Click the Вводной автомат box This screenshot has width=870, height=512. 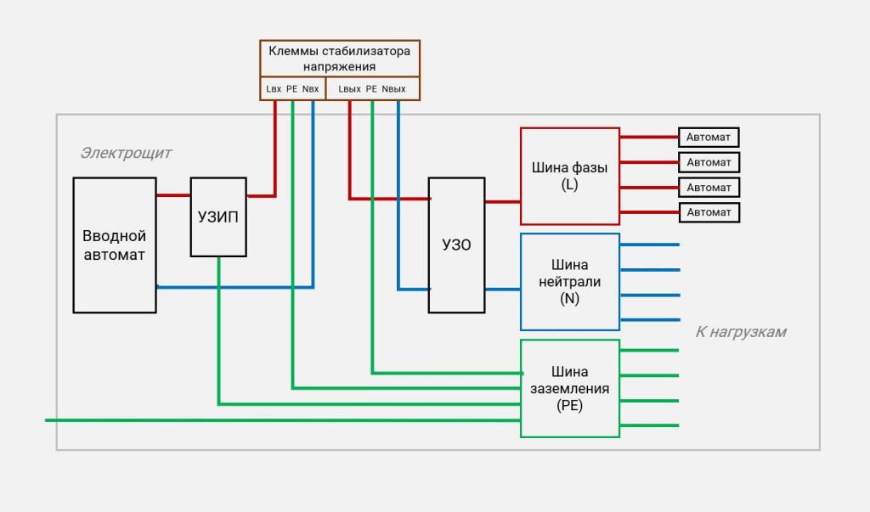pos(115,245)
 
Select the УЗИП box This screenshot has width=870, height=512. pos(218,217)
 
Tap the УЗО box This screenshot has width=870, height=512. pos(456,245)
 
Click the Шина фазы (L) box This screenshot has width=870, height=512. pos(569,176)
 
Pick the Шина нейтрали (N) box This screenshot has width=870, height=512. pos(569,282)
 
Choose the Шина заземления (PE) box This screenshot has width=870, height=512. pos(569,388)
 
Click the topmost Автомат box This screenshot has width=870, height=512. pos(709,137)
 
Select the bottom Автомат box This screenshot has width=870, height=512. pos(709,212)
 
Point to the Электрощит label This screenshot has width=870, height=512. pos(126,153)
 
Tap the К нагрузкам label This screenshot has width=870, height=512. pos(741,332)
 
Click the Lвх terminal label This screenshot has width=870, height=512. pos(274,88)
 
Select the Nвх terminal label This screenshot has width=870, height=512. pos(311,88)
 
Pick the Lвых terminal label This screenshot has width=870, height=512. pos(349,88)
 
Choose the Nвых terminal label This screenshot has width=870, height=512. pos(394,88)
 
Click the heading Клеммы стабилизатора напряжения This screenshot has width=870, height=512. pos(339,58)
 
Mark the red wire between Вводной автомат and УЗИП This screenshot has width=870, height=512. pos(173,195)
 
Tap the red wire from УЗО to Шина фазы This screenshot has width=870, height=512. pos(502,202)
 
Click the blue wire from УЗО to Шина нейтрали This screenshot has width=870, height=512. pos(502,290)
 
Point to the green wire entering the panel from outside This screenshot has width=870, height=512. pos(51,419)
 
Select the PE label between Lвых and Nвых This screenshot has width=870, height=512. pos(371,88)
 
